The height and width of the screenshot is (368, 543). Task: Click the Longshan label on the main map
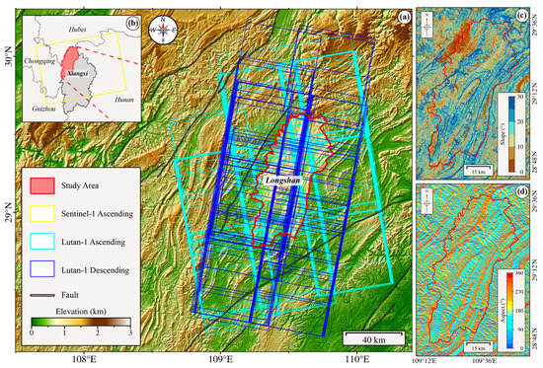[x=284, y=181]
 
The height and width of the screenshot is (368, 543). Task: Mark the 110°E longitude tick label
[x=355, y=360]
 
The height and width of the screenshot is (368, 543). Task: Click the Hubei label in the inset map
[x=78, y=31]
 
